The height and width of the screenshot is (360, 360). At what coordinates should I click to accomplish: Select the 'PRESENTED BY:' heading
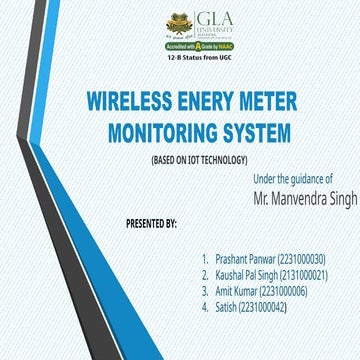click(x=152, y=220)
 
